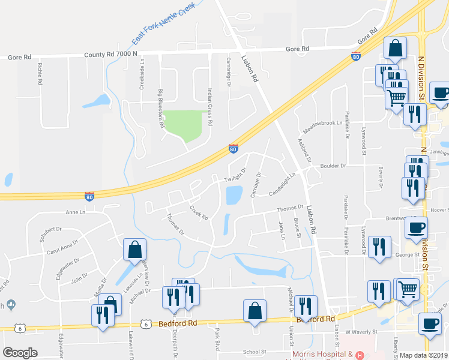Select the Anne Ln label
coord(76,212)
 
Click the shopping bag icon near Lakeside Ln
coord(134,249)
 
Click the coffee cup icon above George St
coord(416,228)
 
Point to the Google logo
coord(20,353)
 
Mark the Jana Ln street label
coord(282,230)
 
